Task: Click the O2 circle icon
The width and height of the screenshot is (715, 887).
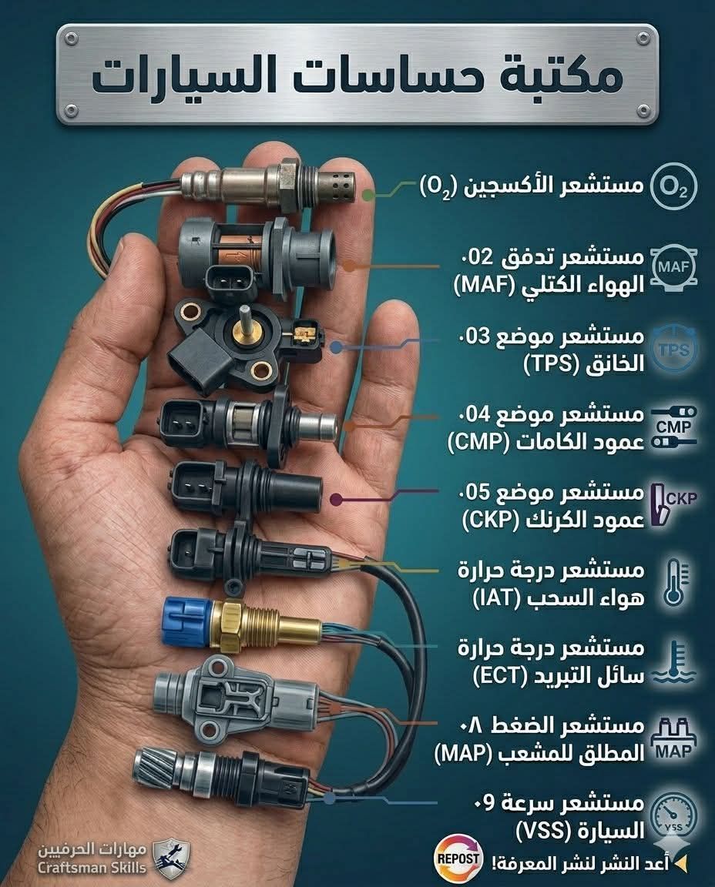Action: [x=673, y=186]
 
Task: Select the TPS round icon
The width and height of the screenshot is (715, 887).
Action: [x=673, y=349]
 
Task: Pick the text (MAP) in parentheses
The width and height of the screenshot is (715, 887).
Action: [x=463, y=753]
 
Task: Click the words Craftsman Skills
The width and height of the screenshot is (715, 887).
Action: [x=92, y=867]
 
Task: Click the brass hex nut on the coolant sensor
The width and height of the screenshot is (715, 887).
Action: [x=229, y=626]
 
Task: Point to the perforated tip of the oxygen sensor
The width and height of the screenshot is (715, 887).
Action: [x=336, y=184]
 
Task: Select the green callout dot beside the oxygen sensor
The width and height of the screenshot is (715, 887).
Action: [x=368, y=195]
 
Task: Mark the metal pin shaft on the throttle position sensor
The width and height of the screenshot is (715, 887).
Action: [x=246, y=321]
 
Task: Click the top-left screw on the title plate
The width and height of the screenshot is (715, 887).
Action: [x=71, y=38]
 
